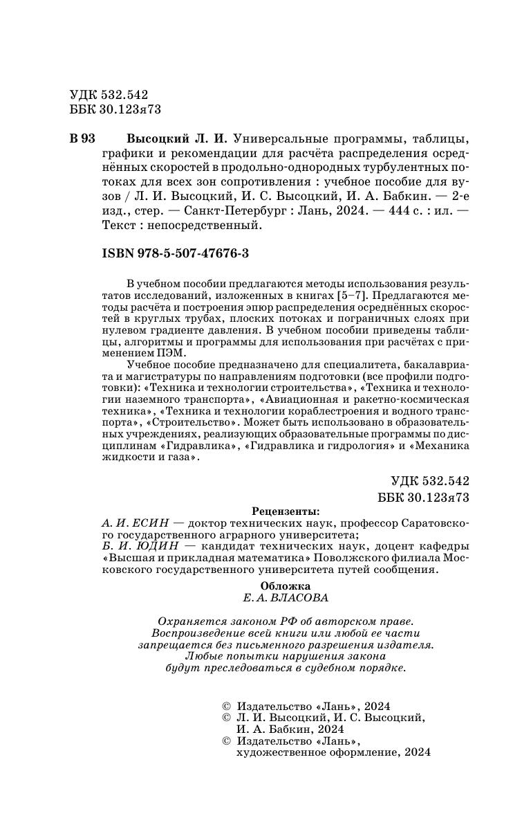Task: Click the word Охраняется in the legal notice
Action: (187, 621)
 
